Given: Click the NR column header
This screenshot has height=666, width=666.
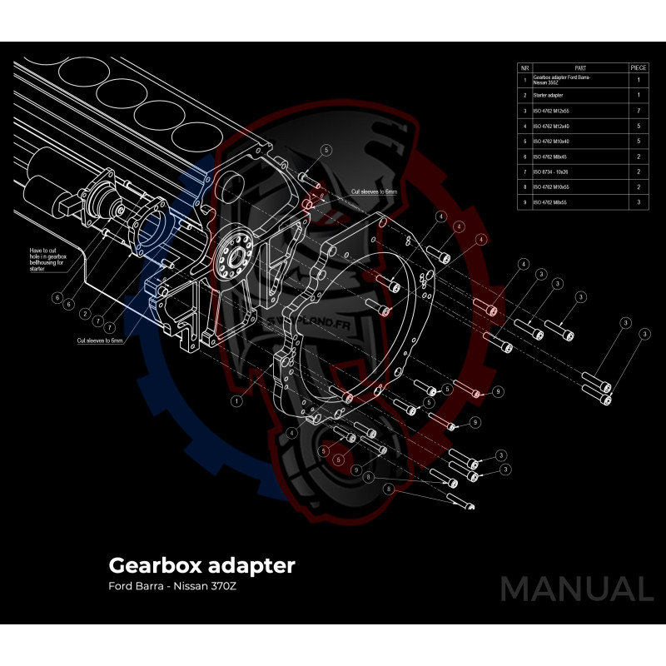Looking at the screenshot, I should click(524, 67).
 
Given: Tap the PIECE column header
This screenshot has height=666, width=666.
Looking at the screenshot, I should click(639, 67).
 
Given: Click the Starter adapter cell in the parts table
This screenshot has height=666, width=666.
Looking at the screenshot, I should click(549, 96).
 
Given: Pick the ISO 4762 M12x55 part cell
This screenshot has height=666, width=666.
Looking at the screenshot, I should click(551, 111).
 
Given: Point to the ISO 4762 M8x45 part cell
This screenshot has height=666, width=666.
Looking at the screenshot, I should click(550, 157).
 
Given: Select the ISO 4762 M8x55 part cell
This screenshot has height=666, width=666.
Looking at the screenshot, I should click(550, 202).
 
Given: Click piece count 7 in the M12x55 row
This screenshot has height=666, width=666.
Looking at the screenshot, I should click(639, 111).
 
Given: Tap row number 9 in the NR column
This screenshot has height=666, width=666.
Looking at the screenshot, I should click(524, 202).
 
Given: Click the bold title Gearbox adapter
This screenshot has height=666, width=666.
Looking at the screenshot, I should click(201, 566).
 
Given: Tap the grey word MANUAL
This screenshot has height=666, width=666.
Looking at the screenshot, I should click(576, 589).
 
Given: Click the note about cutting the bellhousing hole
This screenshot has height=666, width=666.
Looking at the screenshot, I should click(47, 261).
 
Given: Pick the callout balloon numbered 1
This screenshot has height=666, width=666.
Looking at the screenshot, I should click(236, 401).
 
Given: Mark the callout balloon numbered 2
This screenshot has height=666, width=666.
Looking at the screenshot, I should click(85, 313).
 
